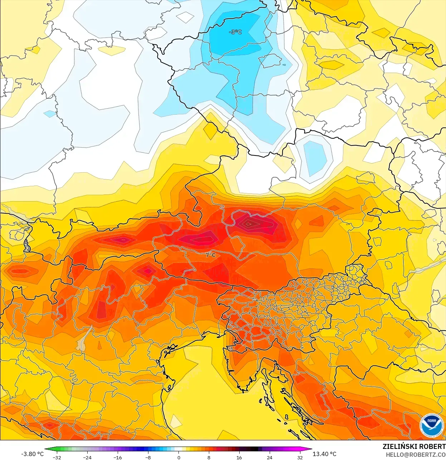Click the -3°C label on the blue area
(x=235, y=32)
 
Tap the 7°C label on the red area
(x=211, y=255)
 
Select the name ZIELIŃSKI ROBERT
(x=414, y=446)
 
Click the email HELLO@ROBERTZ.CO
(x=415, y=455)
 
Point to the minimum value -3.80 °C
(x=32, y=454)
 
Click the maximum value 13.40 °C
(x=324, y=454)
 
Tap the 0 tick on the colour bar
(x=178, y=457)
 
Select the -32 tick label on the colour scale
(x=57, y=457)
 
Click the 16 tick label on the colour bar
(x=239, y=457)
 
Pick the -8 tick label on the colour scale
(x=148, y=457)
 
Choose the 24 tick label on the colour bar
(x=269, y=457)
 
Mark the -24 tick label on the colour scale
(x=87, y=457)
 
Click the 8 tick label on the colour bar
(x=209, y=457)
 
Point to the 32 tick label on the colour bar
(x=300, y=457)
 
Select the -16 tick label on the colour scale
(x=118, y=457)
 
